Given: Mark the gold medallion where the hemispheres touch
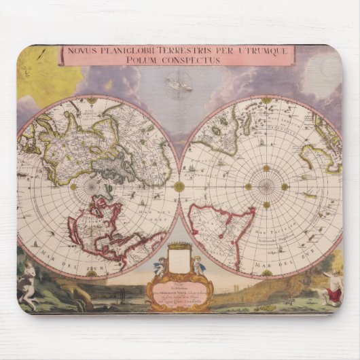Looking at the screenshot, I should coord(179,186).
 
